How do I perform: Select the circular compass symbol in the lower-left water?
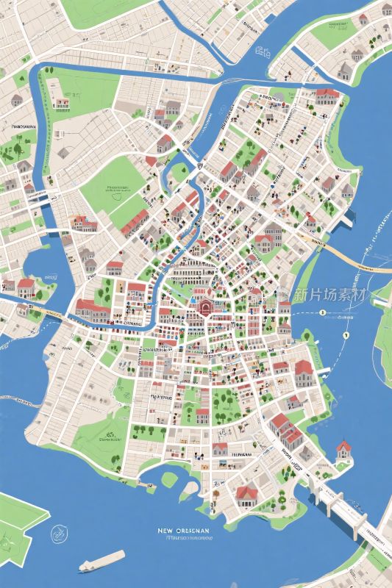click(57, 534)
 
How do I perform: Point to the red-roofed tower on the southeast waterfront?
click(343, 449)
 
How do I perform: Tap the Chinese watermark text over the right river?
click(329, 295)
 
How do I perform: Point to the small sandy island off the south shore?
click(169, 479)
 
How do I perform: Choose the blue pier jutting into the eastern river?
click(350, 216)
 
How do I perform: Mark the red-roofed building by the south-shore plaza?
click(246, 490)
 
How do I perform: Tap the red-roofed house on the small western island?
click(26, 284)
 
